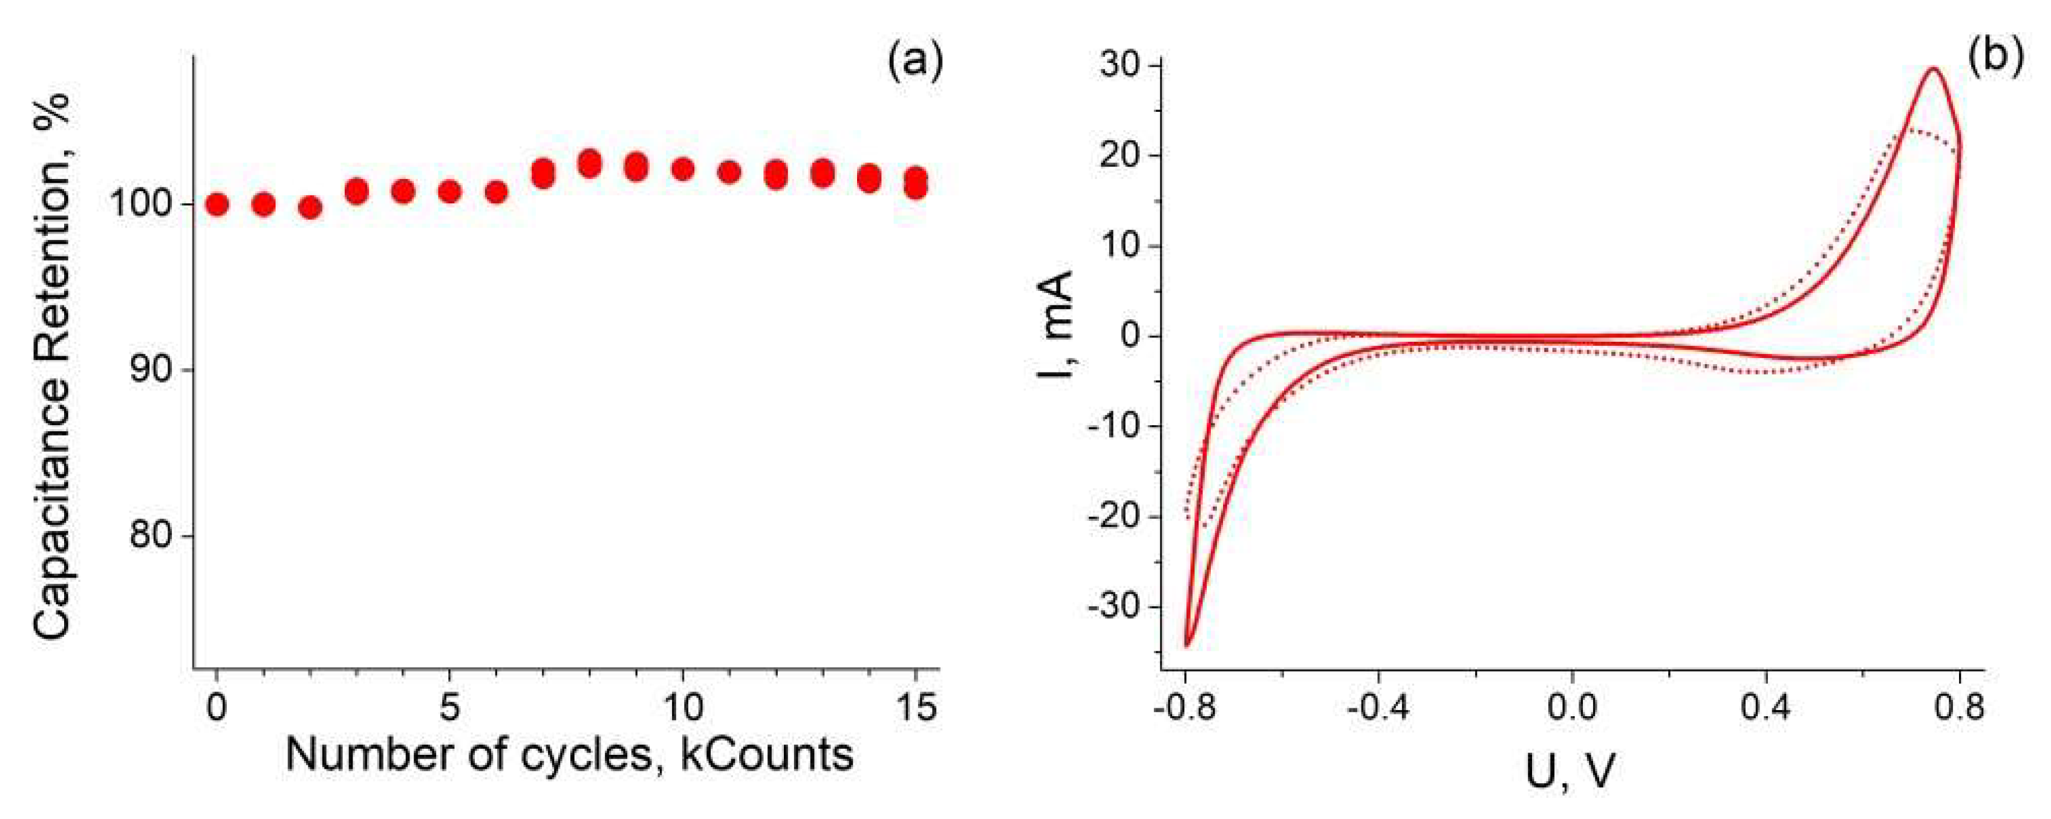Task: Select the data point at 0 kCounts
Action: coord(217,204)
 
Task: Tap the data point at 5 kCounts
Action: coord(450,191)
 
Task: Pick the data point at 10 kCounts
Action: coord(682,169)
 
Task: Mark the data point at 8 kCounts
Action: coord(589,163)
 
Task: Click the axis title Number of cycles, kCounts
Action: coord(569,754)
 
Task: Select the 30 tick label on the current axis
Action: coord(1120,65)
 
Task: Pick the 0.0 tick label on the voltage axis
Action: coord(1572,706)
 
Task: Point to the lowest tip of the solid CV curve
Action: coord(1186,645)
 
